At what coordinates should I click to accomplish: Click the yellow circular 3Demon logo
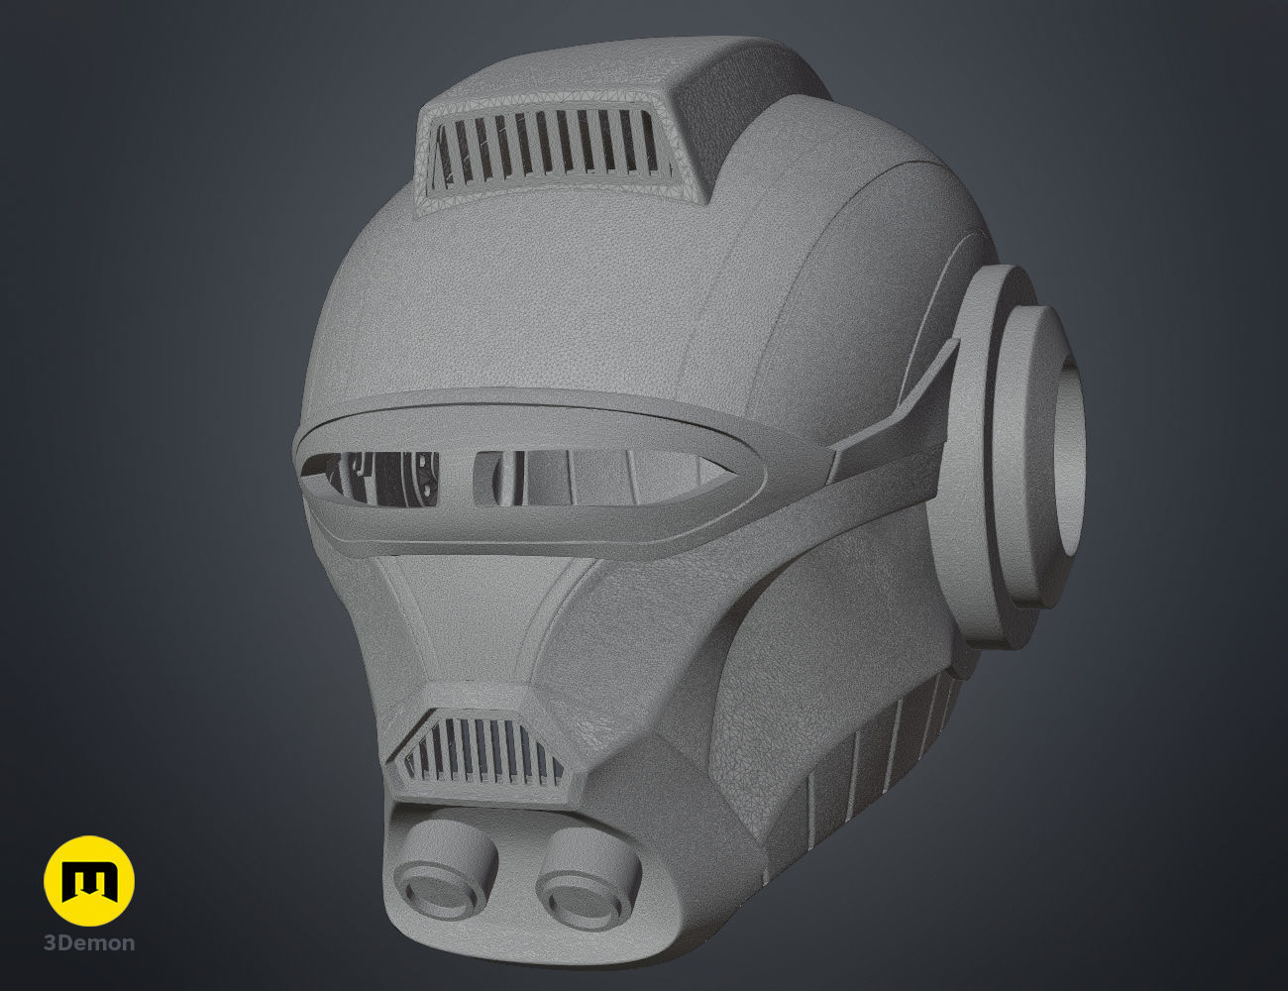click(x=89, y=881)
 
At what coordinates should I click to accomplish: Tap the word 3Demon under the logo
click(x=89, y=943)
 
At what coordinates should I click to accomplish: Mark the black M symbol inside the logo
click(x=89, y=881)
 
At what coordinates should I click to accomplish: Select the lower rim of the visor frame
click(x=535, y=540)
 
